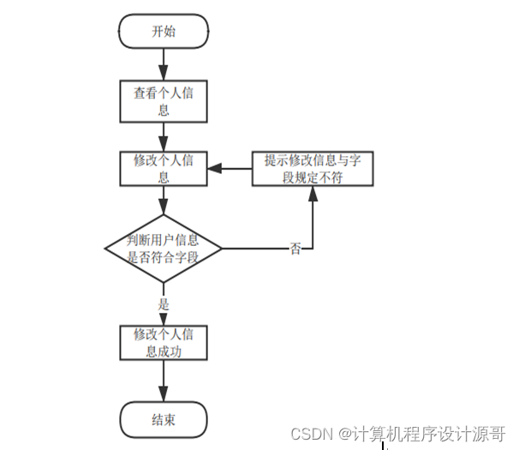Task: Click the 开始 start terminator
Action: pos(163,33)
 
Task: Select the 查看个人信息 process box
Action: pos(163,101)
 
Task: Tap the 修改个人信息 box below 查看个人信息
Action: pos(163,169)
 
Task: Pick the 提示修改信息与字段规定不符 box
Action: pos(312,168)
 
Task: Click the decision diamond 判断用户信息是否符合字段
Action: pos(163,249)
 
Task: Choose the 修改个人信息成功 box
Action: pos(163,342)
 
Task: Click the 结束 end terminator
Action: pos(163,419)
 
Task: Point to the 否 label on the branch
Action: pos(295,249)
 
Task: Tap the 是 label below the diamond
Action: pos(163,303)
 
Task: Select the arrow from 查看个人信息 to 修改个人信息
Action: pos(163,135)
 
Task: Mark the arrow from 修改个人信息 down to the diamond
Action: pos(163,200)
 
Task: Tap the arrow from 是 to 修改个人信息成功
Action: pos(163,317)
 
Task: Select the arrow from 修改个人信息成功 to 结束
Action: pos(163,381)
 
